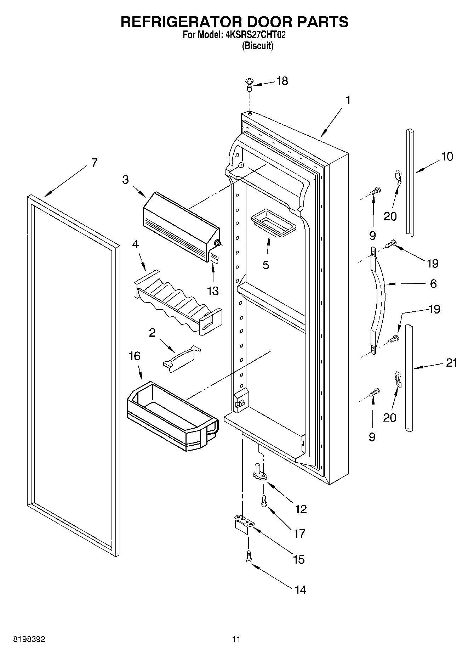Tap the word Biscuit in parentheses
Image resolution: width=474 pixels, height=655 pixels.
point(257,46)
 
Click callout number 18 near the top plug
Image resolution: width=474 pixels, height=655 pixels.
point(282,81)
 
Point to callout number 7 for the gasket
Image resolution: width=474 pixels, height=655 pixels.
point(94,163)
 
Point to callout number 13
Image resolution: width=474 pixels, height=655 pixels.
point(213,291)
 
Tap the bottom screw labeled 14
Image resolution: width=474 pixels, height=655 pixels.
point(249,557)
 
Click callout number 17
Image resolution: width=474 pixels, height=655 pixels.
point(299,533)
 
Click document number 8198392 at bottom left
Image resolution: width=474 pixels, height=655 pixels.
point(29,639)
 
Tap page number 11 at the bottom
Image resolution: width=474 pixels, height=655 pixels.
point(236,639)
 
